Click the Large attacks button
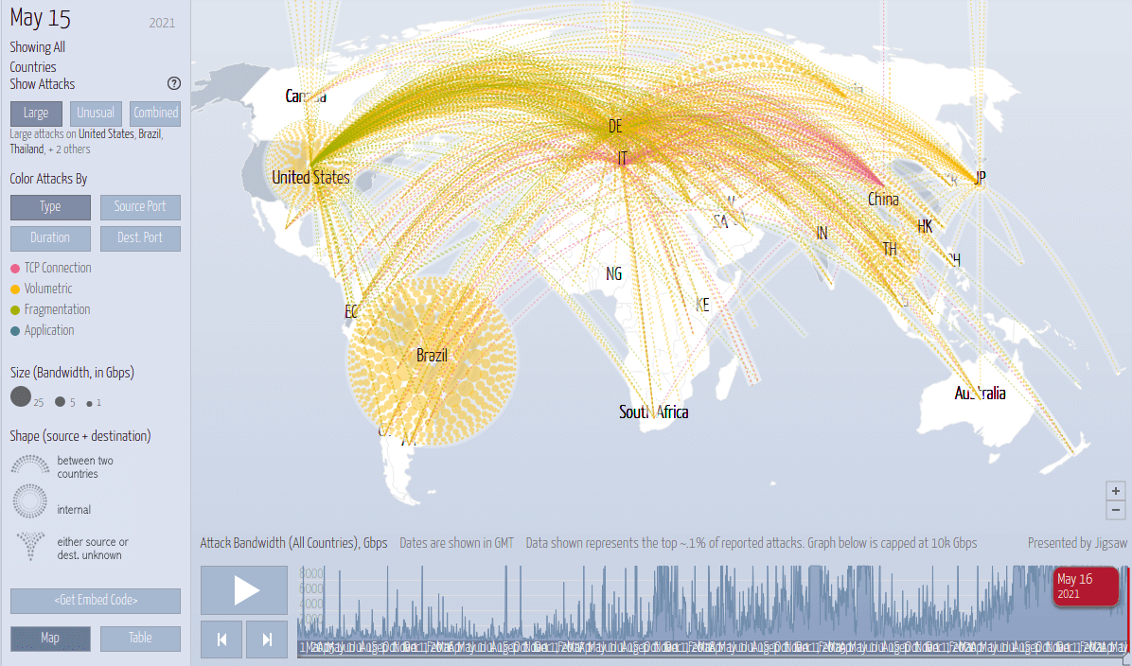[36, 114]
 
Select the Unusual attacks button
[96, 114]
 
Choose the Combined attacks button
[155, 114]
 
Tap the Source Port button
[140, 207]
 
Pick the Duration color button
[50, 237]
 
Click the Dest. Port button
[140, 237]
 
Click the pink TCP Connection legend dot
[15, 269]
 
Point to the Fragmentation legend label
[58, 309]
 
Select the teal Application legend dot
[15, 331]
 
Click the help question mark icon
[174, 83]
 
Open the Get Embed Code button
[96, 601]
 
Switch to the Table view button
[140, 639]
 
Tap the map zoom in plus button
[1117, 491]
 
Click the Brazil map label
[432, 356]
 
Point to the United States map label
[310, 177]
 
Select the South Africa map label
[654, 412]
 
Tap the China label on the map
[883, 200]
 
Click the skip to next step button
[267, 640]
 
